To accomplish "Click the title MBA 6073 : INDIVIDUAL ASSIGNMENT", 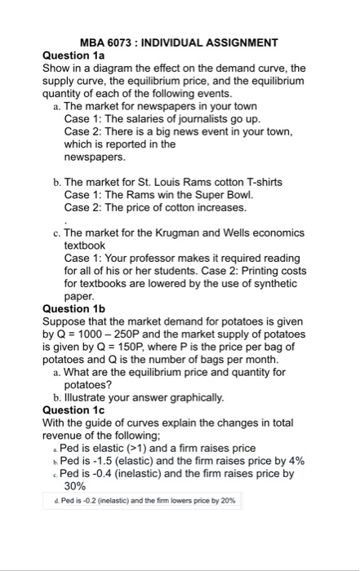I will [180, 42].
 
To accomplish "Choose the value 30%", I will [75, 485].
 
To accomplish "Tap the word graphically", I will [188, 397].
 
